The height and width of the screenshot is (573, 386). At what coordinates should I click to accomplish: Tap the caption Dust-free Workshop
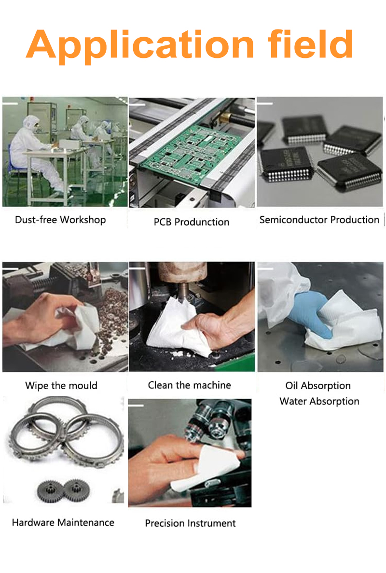click(x=60, y=220)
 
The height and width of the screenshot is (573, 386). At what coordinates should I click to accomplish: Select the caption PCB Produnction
click(x=192, y=222)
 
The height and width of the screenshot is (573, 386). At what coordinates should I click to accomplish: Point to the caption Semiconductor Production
click(x=319, y=220)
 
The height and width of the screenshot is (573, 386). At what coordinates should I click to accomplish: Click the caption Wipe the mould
click(x=61, y=386)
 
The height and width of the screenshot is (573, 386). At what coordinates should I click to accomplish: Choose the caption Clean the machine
click(x=189, y=385)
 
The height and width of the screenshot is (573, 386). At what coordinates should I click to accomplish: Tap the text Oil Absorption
click(x=318, y=386)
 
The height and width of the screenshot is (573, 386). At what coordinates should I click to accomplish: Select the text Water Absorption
click(x=319, y=401)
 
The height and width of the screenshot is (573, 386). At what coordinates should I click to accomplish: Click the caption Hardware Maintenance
click(x=63, y=523)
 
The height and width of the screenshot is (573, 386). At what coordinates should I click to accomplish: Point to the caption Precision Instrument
click(x=190, y=523)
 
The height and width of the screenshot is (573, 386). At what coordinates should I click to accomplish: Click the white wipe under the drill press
click(x=175, y=327)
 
